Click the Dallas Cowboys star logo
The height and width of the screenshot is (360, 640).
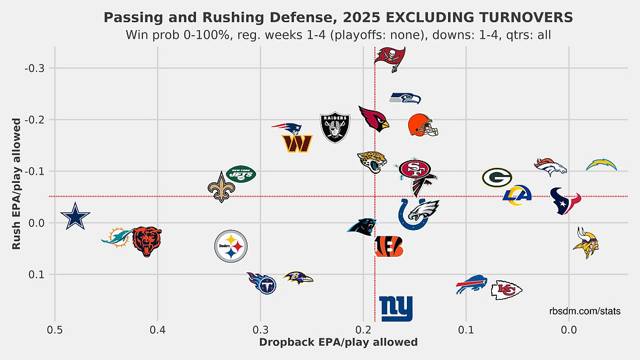pos(75,216)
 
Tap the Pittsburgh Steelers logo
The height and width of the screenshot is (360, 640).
pos(231,246)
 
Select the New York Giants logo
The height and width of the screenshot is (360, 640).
pos(396,308)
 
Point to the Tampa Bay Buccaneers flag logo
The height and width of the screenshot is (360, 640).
pos(390,58)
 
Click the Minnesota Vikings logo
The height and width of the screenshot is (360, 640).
pos(586,243)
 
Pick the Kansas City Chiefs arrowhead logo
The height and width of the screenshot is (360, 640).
pos(506,289)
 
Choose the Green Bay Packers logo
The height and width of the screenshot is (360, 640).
pos(497,177)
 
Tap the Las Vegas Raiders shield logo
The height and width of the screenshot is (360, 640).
pos(336,127)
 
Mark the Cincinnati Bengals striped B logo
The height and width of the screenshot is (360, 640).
pos(389,246)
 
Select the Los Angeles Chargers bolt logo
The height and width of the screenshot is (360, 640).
pos(601,165)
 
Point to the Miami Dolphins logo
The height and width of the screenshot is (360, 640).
pos(116,237)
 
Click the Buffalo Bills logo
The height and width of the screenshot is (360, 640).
pos(472,284)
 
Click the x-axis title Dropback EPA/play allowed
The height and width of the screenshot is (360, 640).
pos(338,342)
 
